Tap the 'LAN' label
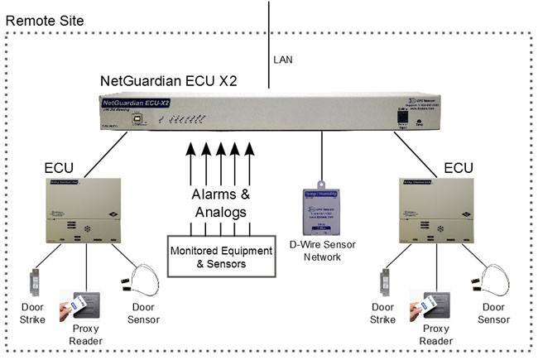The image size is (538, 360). [282, 60]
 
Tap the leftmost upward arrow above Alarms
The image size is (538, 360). [190, 163]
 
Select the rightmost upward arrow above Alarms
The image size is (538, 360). [249, 163]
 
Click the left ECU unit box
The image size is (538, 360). [83, 210]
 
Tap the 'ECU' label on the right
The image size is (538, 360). [458, 169]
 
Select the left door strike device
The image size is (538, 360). [36, 282]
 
